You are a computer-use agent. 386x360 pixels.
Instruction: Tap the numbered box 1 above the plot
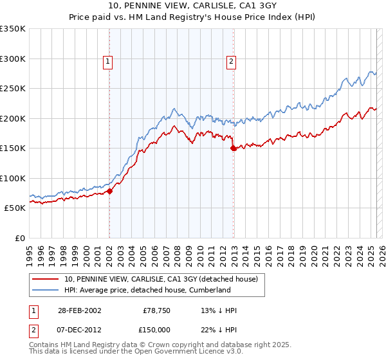tap(107, 62)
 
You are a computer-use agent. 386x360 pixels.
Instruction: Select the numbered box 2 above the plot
tap(231, 62)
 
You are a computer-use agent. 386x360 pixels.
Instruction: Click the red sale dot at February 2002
tap(110, 191)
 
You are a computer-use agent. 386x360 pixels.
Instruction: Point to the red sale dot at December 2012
tap(233, 148)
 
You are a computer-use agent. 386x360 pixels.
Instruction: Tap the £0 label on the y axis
tap(19, 238)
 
